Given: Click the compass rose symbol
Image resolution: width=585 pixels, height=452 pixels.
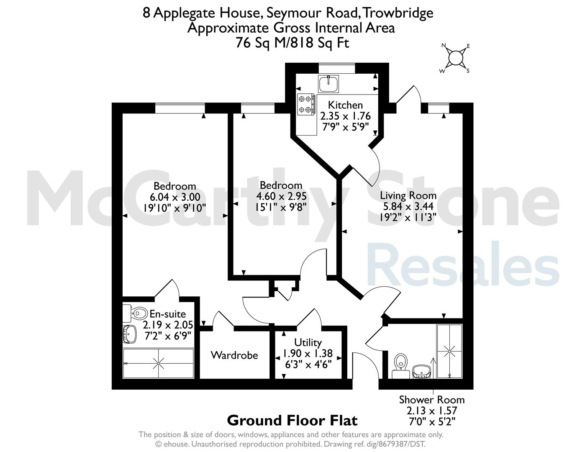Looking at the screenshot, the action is [455, 58].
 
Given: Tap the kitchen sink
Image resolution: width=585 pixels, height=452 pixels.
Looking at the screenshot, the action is [328, 84].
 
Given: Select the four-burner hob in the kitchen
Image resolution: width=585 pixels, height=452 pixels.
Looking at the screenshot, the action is [306, 104].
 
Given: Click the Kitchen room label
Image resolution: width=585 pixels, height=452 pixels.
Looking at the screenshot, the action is [345, 105].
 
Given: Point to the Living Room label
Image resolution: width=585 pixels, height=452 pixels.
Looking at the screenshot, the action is [408, 195].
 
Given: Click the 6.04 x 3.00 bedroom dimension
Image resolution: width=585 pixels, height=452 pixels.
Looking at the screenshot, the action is [175, 197].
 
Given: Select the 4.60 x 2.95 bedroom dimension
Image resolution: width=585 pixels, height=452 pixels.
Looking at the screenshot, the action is [281, 196].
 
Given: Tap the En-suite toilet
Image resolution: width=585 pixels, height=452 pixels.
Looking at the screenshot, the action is [136, 313].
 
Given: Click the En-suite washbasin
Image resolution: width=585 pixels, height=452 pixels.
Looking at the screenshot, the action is [130, 334].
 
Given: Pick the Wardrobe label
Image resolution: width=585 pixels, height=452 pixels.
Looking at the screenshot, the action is [234, 355].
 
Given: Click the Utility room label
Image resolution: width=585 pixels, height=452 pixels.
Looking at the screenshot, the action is [308, 343].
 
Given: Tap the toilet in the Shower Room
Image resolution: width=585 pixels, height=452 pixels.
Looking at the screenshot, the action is [401, 366].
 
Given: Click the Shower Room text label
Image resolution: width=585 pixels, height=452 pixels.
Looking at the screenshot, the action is [432, 400].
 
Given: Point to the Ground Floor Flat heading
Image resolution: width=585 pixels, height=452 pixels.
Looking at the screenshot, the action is [292, 421].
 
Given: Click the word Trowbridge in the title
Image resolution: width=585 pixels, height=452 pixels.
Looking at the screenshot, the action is [398, 13].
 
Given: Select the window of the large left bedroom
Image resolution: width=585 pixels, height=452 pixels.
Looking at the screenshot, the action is [180, 108].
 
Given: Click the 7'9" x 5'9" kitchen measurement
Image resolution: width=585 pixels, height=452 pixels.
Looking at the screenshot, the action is [345, 126].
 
